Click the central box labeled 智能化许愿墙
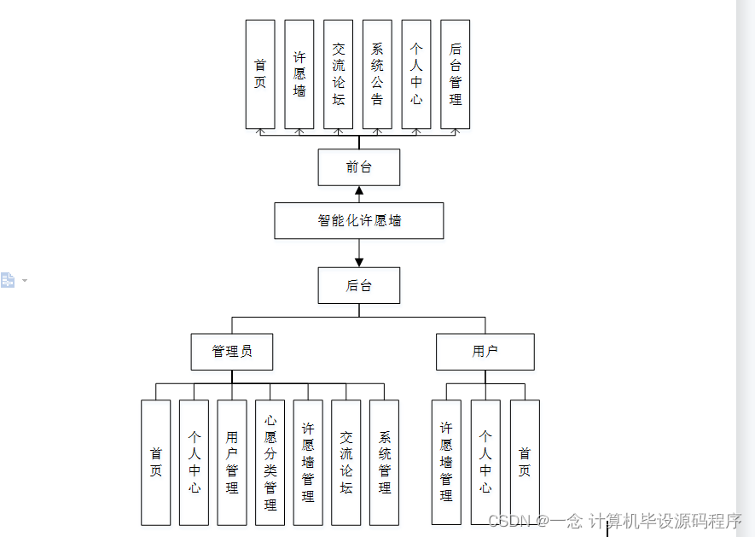pyautogui.click(x=359, y=220)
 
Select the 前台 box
pyautogui.click(x=359, y=166)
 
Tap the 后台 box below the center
pyautogui.click(x=359, y=285)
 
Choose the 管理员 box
pyautogui.click(x=232, y=351)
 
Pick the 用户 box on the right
pyautogui.click(x=485, y=351)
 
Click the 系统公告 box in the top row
pyautogui.click(x=377, y=74)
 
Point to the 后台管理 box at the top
pyautogui.click(x=456, y=74)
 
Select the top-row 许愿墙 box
pyautogui.click(x=299, y=74)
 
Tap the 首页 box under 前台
pyautogui.click(x=260, y=74)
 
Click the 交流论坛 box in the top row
pyautogui.click(x=339, y=74)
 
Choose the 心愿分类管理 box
pyautogui.click(x=270, y=462)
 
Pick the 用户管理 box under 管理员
pyautogui.click(x=232, y=462)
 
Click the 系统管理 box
pyautogui.click(x=385, y=462)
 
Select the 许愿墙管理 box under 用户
pyautogui.click(x=446, y=462)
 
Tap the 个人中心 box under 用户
pyautogui.click(x=485, y=462)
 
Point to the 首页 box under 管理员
pyautogui.click(x=156, y=462)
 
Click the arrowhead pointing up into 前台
pyautogui.click(x=359, y=191)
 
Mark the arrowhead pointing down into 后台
pyautogui.click(x=359, y=261)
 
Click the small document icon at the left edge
pyautogui.click(x=8, y=280)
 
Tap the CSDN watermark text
pyautogui.click(x=615, y=521)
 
